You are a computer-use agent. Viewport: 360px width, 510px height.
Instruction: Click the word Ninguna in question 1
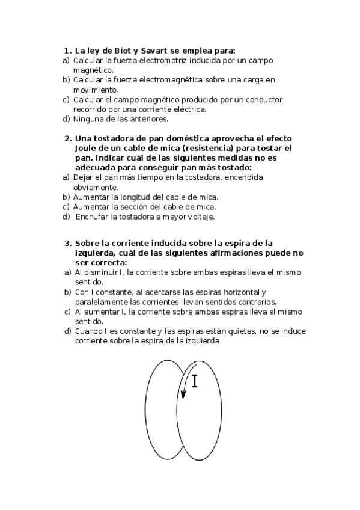(89, 118)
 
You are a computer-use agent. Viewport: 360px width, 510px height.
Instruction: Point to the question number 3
(67, 244)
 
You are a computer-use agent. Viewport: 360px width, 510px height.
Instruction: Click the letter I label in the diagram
(196, 381)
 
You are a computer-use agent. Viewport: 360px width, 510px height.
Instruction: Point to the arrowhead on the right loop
(185, 395)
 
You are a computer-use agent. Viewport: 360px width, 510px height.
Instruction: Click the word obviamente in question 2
(96, 187)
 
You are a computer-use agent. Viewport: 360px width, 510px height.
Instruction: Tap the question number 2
(67, 138)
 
